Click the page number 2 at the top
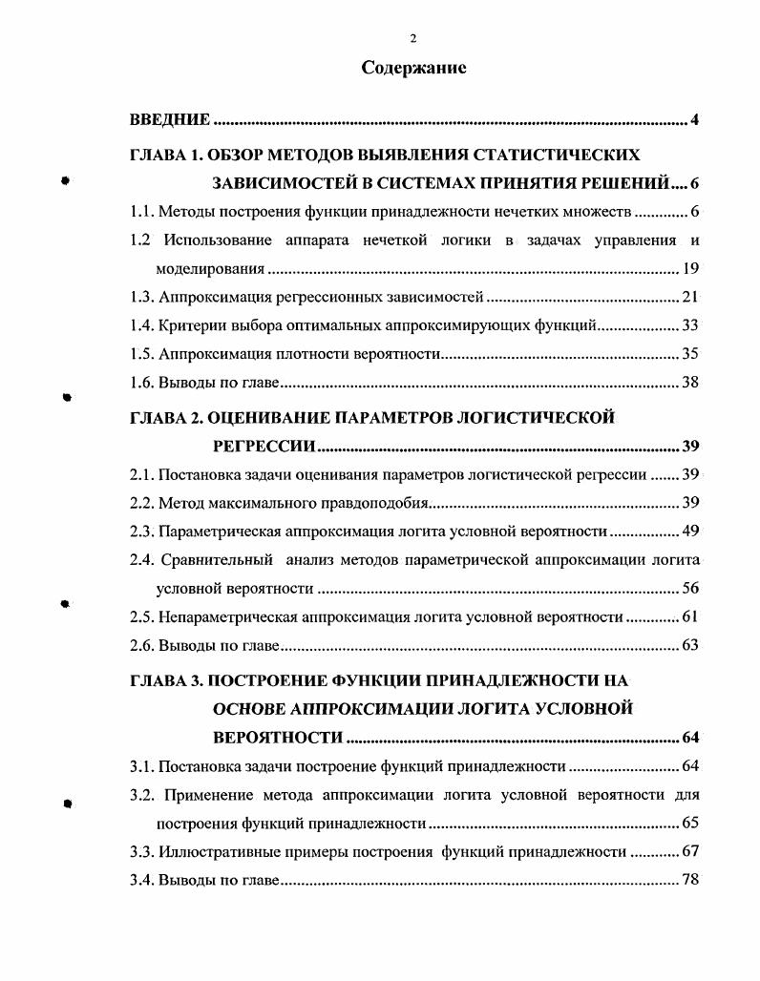click(x=413, y=38)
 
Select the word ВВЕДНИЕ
click(x=170, y=120)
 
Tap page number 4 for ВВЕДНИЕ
click(x=696, y=120)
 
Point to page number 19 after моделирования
click(x=692, y=268)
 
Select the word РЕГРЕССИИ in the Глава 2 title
click(x=263, y=447)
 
